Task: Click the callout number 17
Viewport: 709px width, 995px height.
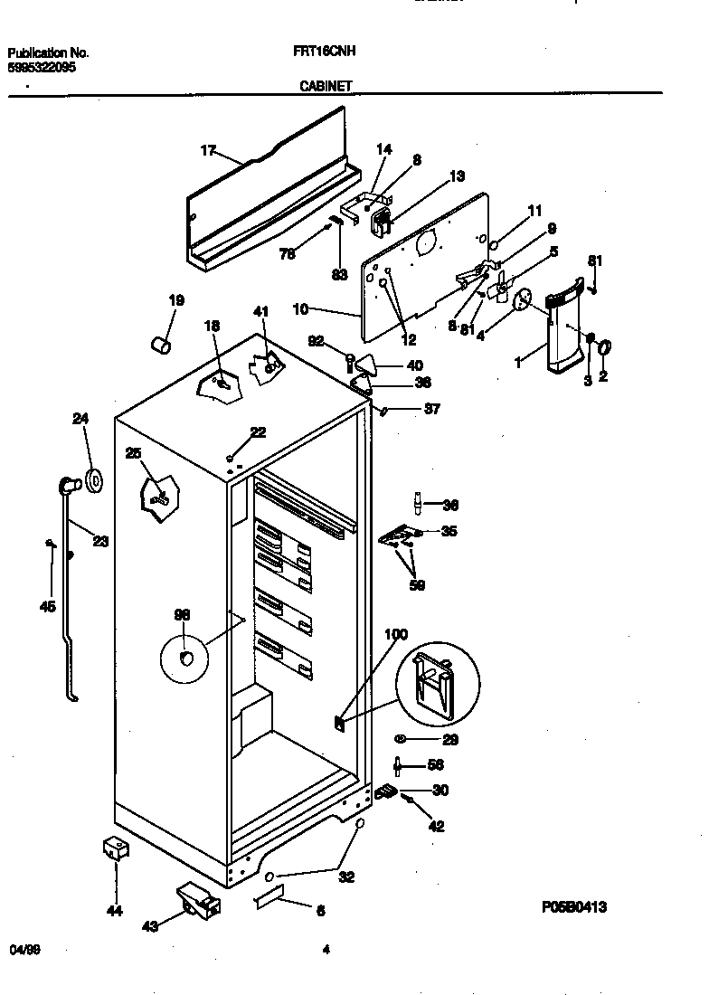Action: (208, 151)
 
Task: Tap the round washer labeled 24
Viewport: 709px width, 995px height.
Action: (93, 478)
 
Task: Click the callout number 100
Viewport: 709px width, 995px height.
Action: (396, 634)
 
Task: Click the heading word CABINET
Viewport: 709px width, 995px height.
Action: (326, 87)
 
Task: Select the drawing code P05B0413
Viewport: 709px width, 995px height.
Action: (574, 905)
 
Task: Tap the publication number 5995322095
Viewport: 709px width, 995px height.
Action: (42, 67)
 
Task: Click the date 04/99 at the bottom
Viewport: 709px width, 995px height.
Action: (24, 949)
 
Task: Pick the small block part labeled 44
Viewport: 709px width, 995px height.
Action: (114, 848)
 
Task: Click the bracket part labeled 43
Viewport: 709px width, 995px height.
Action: (197, 900)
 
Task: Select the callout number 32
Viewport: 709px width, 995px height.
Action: (345, 877)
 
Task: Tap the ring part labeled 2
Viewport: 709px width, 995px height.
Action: (604, 346)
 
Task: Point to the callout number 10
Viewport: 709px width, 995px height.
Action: (301, 308)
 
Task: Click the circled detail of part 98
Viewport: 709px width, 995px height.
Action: (184, 657)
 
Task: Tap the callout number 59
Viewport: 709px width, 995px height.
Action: (417, 584)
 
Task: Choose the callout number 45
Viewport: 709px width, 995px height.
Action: (48, 606)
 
